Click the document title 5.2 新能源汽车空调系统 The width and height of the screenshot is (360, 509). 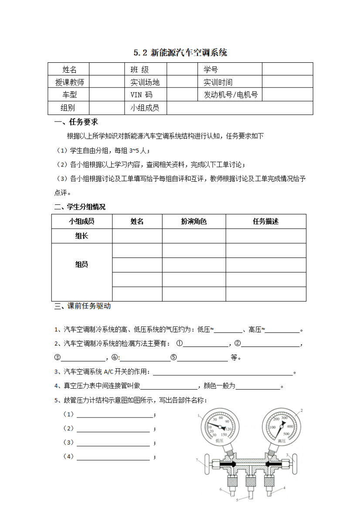pos(180,53)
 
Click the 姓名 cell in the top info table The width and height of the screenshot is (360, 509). pos(69,69)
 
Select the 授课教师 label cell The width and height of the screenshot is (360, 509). pos(69,82)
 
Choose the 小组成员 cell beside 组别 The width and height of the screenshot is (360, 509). pos(145,108)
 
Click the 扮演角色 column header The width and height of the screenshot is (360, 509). pos(194,221)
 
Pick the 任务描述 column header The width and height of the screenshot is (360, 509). pos(265,221)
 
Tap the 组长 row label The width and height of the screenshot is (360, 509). pos(82,236)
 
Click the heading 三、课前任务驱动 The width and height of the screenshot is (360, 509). pos(82,306)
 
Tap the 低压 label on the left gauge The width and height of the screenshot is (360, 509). pos(219,441)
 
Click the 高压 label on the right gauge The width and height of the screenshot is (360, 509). pos(280,441)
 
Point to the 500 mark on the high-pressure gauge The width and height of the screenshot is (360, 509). pos(286,434)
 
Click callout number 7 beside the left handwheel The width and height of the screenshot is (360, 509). pos(197,460)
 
